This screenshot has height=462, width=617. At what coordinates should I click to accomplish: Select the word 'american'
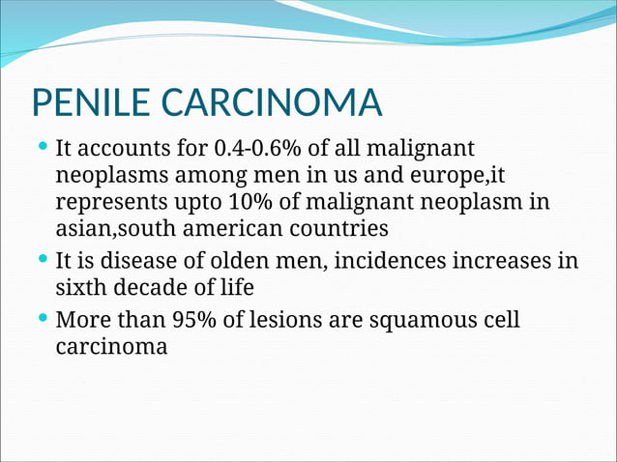coord(228,229)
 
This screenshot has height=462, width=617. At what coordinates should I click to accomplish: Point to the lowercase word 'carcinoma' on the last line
coord(111,346)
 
